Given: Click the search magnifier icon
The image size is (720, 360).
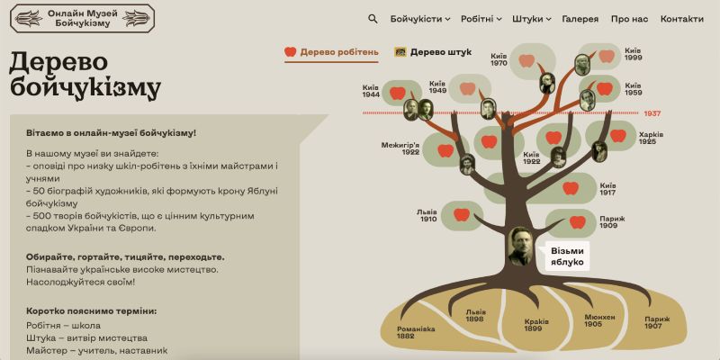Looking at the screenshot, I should click(x=373, y=18).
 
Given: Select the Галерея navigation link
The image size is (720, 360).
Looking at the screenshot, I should click(x=580, y=19).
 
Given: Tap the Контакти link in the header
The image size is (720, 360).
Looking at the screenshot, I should click(x=681, y=19).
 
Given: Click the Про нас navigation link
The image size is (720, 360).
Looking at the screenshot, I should click(x=629, y=19).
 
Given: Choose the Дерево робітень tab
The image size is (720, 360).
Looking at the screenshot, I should click(x=332, y=52).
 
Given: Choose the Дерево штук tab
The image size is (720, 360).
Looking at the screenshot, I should click(x=433, y=52).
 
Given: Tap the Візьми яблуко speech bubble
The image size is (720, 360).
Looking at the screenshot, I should click(x=566, y=256).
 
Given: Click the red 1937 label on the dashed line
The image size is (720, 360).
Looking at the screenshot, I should click(x=652, y=113).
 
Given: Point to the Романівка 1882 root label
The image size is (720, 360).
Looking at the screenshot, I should click(x=416, y=332).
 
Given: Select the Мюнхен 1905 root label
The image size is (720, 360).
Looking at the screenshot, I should click(x=599, y=321).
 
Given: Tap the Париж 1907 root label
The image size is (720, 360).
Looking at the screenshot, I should click(x=657, y=322).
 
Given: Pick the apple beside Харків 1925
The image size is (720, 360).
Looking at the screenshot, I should click(x=618, y=136).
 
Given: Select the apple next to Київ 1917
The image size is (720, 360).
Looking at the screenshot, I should click(x=571, y=188).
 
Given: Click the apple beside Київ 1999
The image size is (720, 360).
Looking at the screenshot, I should click(x=607, y=56).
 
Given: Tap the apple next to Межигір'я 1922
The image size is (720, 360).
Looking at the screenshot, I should click(x=445, y=150).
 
